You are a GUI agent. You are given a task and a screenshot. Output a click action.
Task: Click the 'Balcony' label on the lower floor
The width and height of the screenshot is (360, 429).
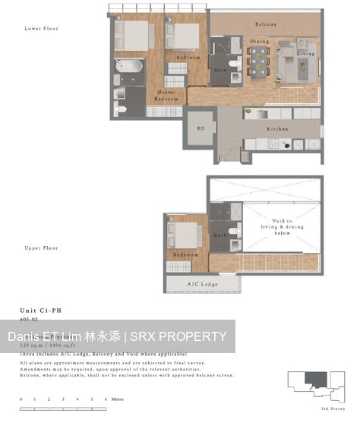[265, 24]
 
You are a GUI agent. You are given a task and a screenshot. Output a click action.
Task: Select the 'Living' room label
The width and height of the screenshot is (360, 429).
[306, 54]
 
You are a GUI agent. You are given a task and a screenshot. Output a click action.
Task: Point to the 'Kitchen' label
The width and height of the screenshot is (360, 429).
[277, 129]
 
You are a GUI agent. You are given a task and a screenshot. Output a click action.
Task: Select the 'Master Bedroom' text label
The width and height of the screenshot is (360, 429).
[166, 96]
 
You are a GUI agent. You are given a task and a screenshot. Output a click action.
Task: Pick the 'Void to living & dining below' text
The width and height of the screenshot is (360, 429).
[273, 226]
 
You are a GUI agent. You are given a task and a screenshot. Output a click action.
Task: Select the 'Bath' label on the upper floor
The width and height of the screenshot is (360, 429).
[220, 235]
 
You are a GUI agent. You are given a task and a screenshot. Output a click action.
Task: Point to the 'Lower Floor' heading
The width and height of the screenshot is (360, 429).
[41, 28]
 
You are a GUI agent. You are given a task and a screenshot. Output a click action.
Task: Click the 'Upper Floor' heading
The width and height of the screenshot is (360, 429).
[41, 248]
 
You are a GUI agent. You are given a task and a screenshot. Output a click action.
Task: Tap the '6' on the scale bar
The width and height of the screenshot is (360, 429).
[106, 399]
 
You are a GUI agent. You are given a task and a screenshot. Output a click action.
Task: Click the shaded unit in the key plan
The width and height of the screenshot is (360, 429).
[311, 379]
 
